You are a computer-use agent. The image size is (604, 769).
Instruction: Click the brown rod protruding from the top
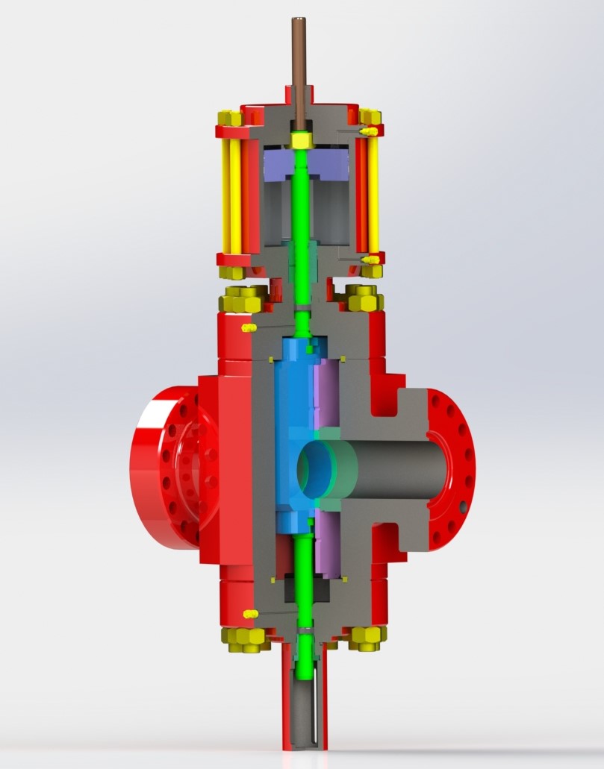click(304, 60)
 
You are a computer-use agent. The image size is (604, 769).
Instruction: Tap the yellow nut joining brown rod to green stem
click(302, 139)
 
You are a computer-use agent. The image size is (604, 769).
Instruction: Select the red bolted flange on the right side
click(448, 470)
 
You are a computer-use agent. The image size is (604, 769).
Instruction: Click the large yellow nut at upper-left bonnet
click(240, 301)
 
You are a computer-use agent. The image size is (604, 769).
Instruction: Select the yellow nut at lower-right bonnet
click(367, 637)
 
